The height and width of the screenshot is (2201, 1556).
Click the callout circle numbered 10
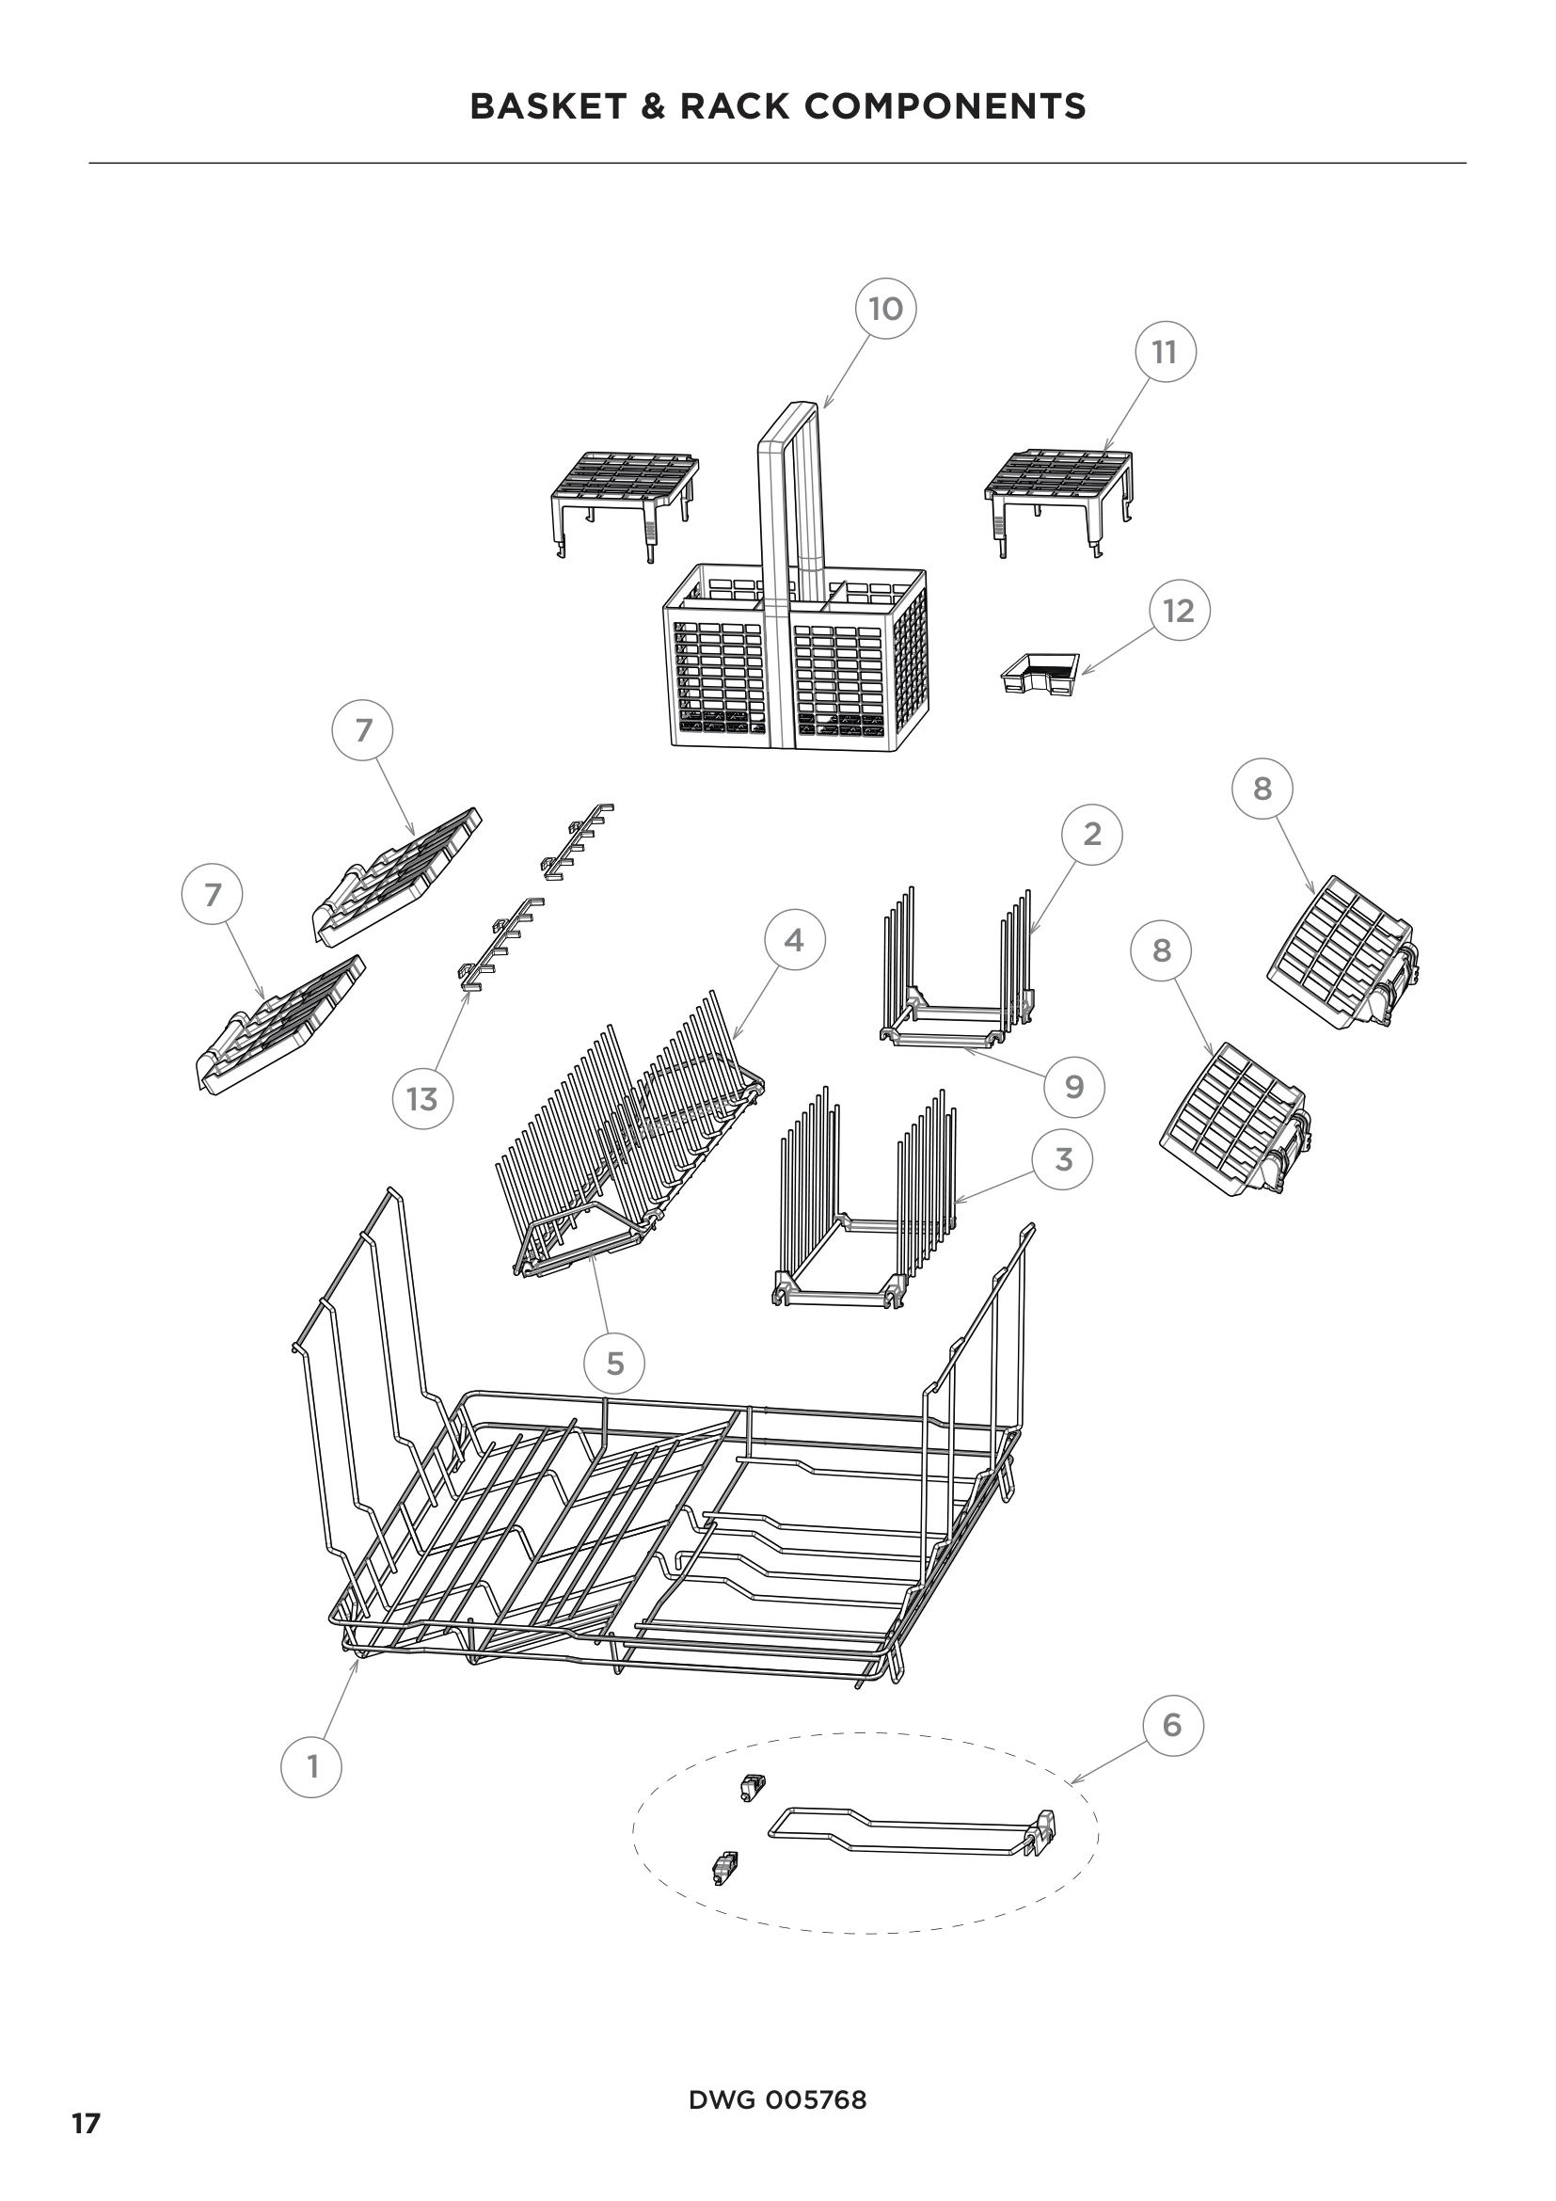coord(885,309)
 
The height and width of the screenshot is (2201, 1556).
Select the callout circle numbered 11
coord(1164,352)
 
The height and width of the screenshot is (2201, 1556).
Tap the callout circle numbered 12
coord(1179,611)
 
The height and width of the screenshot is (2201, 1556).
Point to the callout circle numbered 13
coord(421,1098)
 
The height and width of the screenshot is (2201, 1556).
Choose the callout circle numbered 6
coord(1172,1725)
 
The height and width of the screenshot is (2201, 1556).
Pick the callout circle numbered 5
coord(615,1363)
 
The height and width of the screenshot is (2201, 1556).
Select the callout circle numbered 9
coord(1074,1086)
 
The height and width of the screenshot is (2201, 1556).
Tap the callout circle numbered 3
coord(1062,1159)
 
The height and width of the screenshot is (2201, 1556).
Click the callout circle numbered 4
coord(794,940)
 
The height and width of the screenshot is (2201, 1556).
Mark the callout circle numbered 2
coord(1091,834)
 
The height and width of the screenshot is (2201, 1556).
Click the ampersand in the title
coord(653,106)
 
